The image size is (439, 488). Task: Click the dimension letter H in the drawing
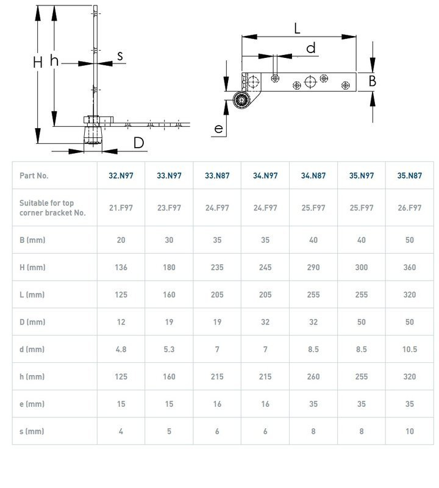pos(37,62)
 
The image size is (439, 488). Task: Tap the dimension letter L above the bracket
pos(298,27)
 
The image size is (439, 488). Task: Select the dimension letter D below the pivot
pos(138,143)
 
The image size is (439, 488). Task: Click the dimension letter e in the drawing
pos(219,128)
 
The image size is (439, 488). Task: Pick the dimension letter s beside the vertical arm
pos(120,56)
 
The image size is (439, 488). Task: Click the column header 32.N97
pos(121,176)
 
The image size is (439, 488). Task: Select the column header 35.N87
pos(409,176)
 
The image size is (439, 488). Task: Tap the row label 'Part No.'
pos(34,176)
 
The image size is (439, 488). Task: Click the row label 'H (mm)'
pos(32,267)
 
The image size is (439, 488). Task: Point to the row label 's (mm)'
pos(32,431)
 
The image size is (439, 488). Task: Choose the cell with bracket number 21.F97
pos(121,208)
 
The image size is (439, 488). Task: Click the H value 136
pos(121,267)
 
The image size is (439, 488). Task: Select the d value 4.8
pos(121,350)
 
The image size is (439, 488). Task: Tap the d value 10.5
pos(409,350)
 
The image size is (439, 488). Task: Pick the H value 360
pos(409,267)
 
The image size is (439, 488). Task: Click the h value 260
pos(313,377)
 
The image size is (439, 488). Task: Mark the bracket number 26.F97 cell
pos(409,208)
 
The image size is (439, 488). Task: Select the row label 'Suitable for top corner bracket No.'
pos(52,208)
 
